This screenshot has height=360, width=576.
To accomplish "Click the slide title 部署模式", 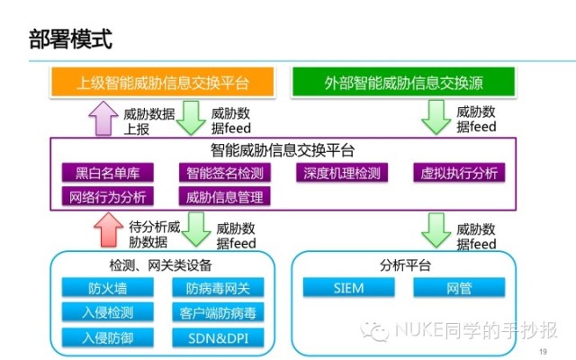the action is (70, 39).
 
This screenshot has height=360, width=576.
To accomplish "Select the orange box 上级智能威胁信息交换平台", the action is (162, 82).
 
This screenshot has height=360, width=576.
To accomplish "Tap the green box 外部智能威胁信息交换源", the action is (403, 82).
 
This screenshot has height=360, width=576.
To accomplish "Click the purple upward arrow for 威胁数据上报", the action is (103, 118).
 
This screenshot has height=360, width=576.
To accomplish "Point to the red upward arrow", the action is (108, 229).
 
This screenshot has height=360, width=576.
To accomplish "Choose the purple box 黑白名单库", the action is (108, 173).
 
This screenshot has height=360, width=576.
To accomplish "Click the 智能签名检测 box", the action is (225, 173).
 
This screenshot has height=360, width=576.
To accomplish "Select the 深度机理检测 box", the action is (342, 173).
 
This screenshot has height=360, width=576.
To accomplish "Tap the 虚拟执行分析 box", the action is (459, 173).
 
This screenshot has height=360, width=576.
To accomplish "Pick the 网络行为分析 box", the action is (108, 196).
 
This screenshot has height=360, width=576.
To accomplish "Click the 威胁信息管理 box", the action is (225, 196).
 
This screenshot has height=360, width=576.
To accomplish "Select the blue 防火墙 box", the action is (108, 288).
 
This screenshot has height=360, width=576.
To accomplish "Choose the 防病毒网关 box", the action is (218, 288).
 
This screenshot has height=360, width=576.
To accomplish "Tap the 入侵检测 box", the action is (108, 312).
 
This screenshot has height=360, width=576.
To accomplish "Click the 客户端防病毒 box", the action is (218, 312).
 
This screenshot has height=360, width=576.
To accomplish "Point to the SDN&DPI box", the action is (218, 337).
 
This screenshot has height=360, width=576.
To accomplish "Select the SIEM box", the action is (349, 288).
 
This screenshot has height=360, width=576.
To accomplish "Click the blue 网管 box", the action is (459, 288).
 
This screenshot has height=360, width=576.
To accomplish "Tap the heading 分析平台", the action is (405, 265).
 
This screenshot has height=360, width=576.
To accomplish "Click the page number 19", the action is (543, 352).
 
